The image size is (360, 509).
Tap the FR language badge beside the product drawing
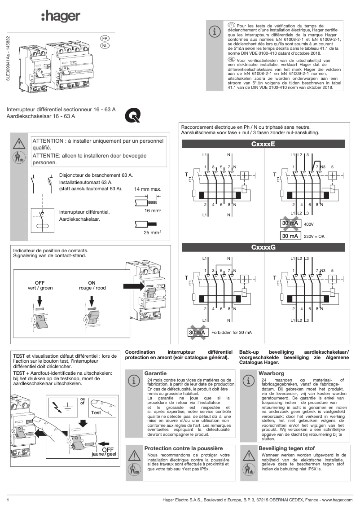[x=105, y=39]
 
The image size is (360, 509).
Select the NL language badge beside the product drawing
[x=105, y=46]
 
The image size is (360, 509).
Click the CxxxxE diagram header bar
[x=263, y=144]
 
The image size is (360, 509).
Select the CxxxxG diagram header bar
[x=263, y=248]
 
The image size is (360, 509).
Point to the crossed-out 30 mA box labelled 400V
[x=290, y=223]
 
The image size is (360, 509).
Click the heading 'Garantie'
[x=155, y=373]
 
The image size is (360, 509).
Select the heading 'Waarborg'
[x=271, y=373]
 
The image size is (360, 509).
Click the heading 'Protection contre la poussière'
[x=183, y=448]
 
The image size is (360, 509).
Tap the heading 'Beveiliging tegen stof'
[x=286, y=448]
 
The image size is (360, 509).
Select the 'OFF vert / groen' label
[x=40, y=285]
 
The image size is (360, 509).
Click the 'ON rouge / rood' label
[x=92, y=285]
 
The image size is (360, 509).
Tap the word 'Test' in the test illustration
[x=96, y=412]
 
